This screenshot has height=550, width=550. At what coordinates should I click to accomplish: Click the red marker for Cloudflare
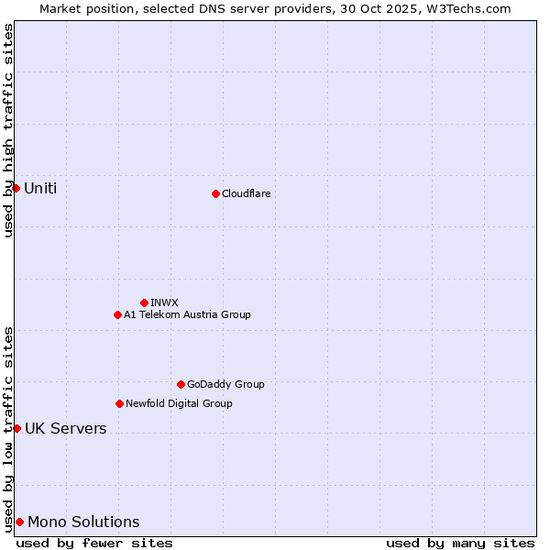point(215,193)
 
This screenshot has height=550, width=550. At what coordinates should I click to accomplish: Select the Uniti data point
point(16,188)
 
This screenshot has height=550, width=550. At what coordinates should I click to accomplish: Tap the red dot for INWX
point(144,302)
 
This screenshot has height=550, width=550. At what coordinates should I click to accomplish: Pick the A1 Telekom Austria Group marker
point(117,314)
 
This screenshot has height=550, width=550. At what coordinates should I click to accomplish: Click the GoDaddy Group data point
point(181,384)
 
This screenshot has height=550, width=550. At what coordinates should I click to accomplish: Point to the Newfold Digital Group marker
point(119,403)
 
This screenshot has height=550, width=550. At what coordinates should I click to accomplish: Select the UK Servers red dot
point(16,428)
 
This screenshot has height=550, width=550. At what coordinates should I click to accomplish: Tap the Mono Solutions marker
point(19,522)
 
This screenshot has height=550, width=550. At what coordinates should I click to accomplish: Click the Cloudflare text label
point(246,193)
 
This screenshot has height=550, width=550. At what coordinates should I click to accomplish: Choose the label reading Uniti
point(40,189)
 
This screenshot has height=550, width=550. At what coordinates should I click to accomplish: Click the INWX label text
point(164,302)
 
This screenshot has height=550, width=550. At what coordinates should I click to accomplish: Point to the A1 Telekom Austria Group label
point(187,314)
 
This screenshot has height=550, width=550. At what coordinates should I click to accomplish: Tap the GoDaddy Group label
point(225,384)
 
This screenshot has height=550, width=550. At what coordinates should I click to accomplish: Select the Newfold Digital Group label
point(179,403)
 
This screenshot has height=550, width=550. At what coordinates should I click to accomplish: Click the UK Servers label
point(65,429)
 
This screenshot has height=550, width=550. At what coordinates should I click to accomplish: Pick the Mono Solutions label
point(83,522)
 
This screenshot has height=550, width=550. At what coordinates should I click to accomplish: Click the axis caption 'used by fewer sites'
point(94,543)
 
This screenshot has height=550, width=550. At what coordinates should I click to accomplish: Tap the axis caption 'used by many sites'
point(460,543)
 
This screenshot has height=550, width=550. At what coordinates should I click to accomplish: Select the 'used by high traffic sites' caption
point(8,130)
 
